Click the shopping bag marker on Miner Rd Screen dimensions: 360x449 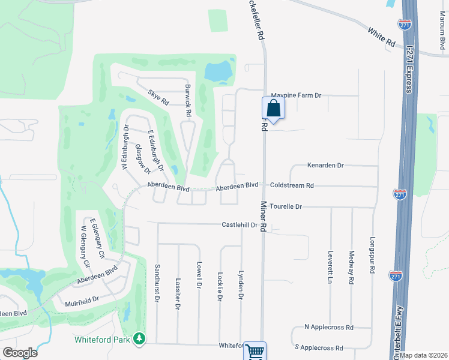click(273, 109)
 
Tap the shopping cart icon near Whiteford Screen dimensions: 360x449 click(255, 352)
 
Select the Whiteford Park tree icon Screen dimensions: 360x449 click(140, 340)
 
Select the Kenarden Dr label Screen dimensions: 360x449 click(325, 165)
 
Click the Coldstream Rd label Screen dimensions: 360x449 click(292, 186)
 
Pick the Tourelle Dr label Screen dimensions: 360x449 click(285, 206)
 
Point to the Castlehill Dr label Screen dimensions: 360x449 click(240, 225)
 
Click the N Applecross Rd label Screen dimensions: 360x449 click(328, 328)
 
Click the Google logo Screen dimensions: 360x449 click(20, 352)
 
